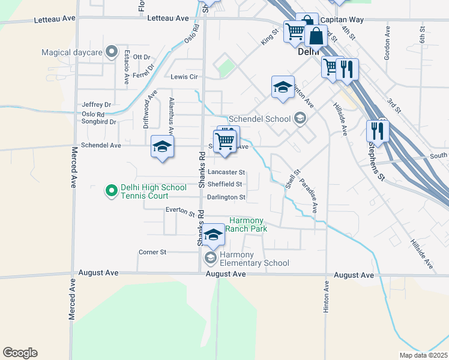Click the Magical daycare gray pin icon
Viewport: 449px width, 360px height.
(x=111, y=52)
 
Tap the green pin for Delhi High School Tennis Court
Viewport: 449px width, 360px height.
(x=111, y=191)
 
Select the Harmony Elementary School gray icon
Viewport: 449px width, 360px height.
(x=210, y=258)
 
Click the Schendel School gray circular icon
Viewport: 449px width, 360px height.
(x=299, y=119)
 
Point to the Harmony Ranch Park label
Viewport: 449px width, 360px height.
(x=247, y=226)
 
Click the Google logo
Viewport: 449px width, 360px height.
(x=20, y=353)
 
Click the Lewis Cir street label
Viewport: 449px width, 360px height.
(x=184, y=77)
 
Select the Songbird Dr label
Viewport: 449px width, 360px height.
(x=99, y=122)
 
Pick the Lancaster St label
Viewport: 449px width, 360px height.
(x=227, y=172)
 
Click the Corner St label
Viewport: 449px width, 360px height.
(x=152, y=252)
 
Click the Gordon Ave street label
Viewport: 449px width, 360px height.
(x=388, y=43)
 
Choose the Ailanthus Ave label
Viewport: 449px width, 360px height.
(x=172, y=115)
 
